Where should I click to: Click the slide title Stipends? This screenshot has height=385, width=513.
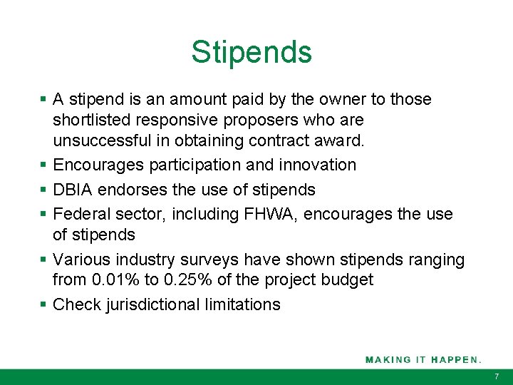251,52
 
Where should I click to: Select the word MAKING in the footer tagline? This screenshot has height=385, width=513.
388,359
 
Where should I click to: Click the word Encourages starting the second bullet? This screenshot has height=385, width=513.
98,165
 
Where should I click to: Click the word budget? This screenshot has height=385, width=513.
348,279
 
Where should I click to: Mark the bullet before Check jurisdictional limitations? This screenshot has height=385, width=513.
44,304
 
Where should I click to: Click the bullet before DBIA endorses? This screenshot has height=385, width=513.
44,190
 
